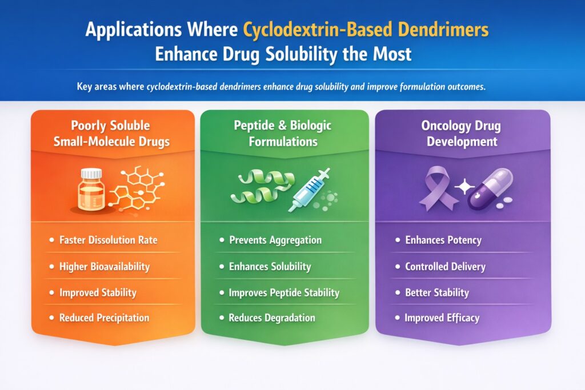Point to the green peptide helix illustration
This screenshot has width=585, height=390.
pos(256,188)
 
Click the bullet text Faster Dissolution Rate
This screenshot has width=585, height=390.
pos(108,240)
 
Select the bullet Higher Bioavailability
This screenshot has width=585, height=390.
pos(104,267)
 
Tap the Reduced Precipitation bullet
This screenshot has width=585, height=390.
pos(104,317)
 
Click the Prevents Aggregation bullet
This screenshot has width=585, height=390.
pos(275,240)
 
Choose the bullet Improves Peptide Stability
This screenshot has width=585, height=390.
pos(284,293)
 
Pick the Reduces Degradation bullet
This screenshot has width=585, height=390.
pos(271,317)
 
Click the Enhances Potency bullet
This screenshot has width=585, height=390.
pos(443,240)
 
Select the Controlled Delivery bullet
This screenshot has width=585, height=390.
pos(445,267)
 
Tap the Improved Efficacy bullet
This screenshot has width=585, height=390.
pos(442,317)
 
